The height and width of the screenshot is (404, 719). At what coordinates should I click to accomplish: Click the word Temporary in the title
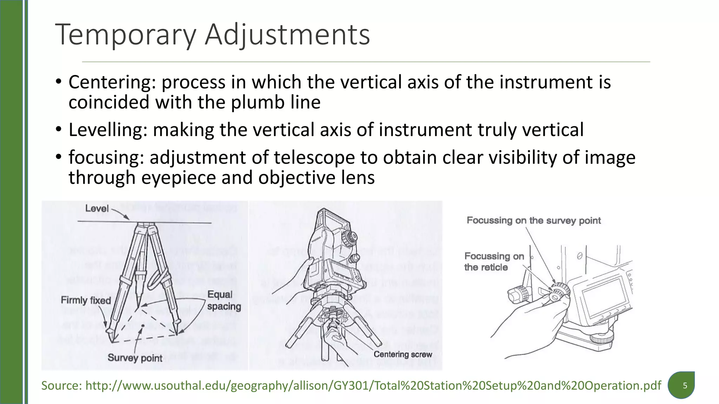pos(125,35)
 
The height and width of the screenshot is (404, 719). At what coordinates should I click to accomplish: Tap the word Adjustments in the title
pos(287,35)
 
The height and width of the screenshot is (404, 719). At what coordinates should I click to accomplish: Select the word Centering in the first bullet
pos(112,82)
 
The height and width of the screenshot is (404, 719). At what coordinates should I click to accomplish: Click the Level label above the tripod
pos(97,208)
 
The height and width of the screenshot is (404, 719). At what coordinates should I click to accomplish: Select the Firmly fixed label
pos(86,300)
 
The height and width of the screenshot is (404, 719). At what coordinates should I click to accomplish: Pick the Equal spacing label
pos(224,301)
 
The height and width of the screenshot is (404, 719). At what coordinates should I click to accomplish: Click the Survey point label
pos(135,358)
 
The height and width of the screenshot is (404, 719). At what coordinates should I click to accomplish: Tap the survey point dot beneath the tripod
pos(143,326)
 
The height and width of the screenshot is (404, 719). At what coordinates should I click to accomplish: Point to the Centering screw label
pos(403,354)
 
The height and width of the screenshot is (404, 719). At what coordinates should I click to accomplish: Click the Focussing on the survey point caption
pos(534,221)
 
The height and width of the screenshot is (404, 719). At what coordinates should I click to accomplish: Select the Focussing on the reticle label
pos(493,262)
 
